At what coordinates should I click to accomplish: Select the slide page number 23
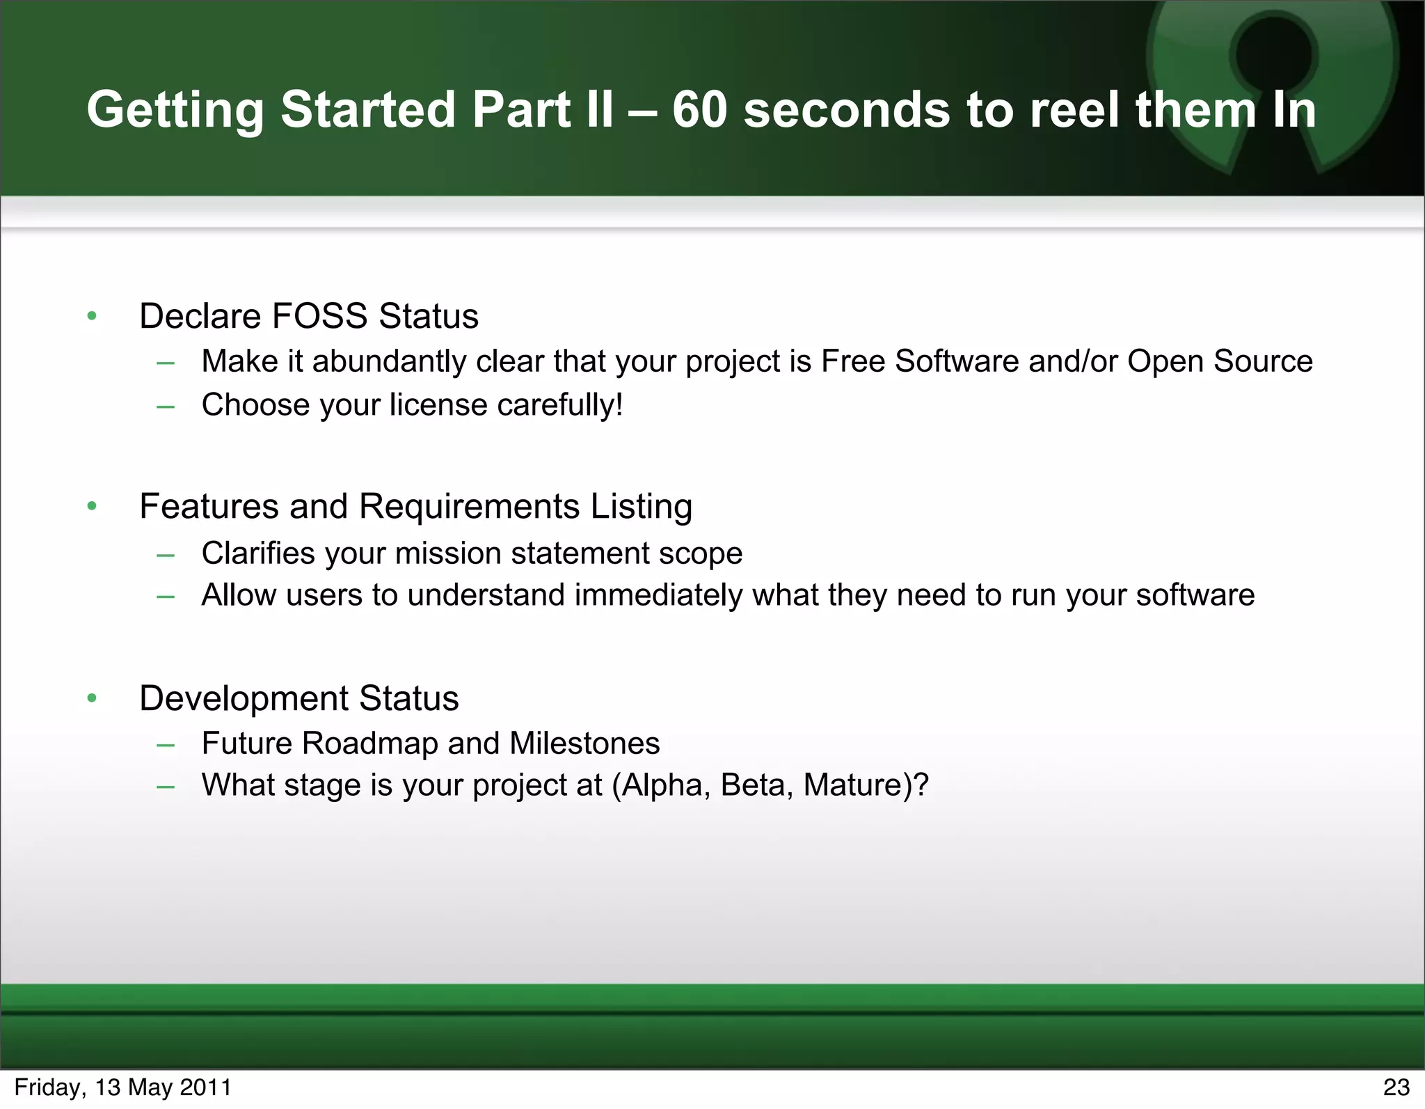(1396, 1087)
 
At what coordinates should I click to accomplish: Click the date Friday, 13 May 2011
(122, 1087)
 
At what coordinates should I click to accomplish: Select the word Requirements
(469, 506)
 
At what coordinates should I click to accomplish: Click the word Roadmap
(369, 744)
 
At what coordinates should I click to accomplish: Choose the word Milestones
(584, 744)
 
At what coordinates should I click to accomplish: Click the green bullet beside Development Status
(92, 698)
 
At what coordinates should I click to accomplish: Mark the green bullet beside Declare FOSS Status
(92, 317)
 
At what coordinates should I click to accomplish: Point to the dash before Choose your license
(166, 406)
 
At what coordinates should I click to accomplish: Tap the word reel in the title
(1073, 110)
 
